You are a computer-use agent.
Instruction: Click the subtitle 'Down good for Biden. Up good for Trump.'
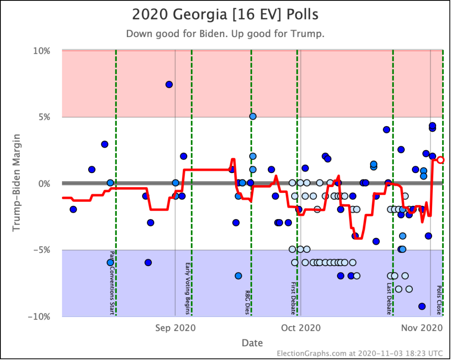pyautogui.click(x=225, y=34)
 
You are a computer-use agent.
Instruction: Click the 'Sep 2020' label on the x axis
pyautogui.click(x=176, y=328)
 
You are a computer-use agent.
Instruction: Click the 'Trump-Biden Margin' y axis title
pyautogui.click(x=16, y=183)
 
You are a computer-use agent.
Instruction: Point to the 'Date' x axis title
pyautogui.click(x=252, y=343)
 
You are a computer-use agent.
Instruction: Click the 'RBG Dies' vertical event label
pyautogui.click(x=248, y=302)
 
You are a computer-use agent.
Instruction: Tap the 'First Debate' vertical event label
pyautogui.click(x=293, y=298)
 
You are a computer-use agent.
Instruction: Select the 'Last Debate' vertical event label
pyautogui.click(x=389, y=298)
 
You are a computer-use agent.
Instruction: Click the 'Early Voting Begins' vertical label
pyautogui.click(x=188, y=289)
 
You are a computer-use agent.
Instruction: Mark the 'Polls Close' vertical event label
pyautogui.click(x=439, y=300)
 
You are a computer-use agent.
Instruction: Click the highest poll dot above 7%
pyautogui.click(x=169, y=85)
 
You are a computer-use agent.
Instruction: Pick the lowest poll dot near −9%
pyautogui.click(x=421, y=306)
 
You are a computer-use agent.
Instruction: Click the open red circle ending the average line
pyautogui.click(x=440, y=160)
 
